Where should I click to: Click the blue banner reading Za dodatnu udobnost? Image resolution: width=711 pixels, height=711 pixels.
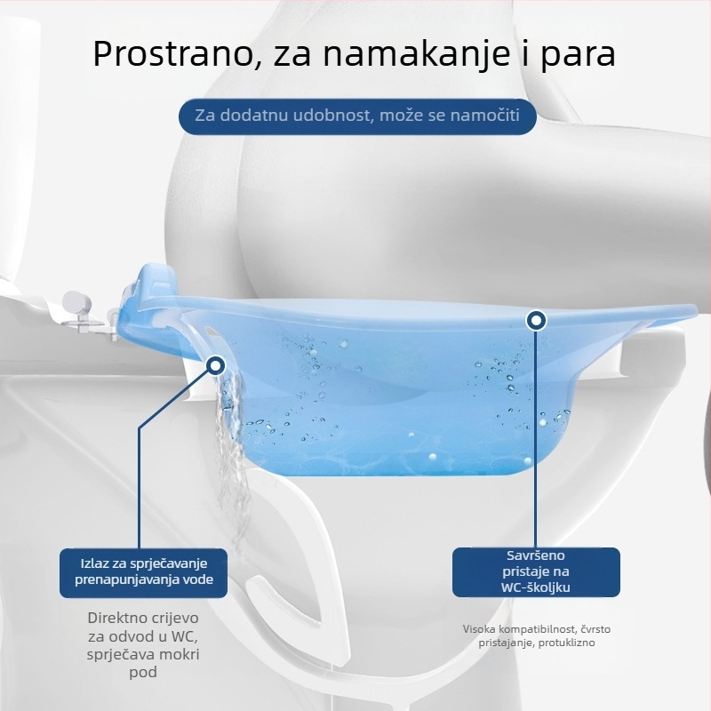pos(355,116)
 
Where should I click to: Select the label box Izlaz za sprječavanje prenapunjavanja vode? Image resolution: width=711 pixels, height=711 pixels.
pos(142,572)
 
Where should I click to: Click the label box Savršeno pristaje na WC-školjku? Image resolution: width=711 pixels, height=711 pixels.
pos(536,571)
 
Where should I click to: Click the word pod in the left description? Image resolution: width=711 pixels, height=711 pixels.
pos(143,673)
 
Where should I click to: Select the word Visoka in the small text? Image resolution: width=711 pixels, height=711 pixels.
pos(480,629)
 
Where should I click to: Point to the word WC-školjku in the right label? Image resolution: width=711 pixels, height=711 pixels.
pos(536,587)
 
